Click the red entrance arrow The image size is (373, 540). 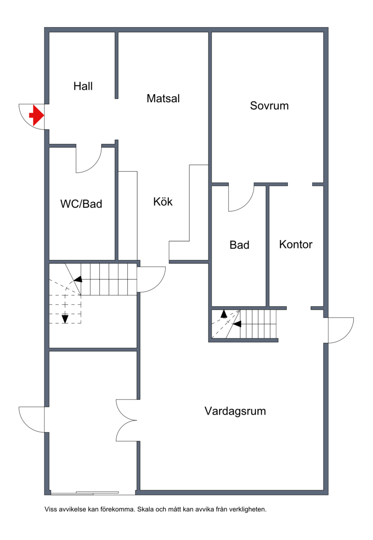pyautogui.click(x=36, y=115)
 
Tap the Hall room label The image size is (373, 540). pyautogui.click(x=83, y=86)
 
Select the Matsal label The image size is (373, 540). pyautogui.click(x=163, y=98)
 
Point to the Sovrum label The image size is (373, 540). pyautogui.click(x=269, y=106)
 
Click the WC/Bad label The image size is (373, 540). pyautogui.click(x=81, y=204)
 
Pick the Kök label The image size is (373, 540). pyautogui.click(x=163, y=201)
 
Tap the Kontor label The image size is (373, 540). pyautogui.click(x=296, y=244)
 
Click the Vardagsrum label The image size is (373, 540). pyautogui.click(x=235, y=411)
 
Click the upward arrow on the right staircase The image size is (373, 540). pyautogui.click(x=224, y=313)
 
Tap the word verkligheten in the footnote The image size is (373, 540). pyautogui.click(x=248, y=509)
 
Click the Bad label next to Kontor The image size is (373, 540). pyautogui.click(x=239, y=245)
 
